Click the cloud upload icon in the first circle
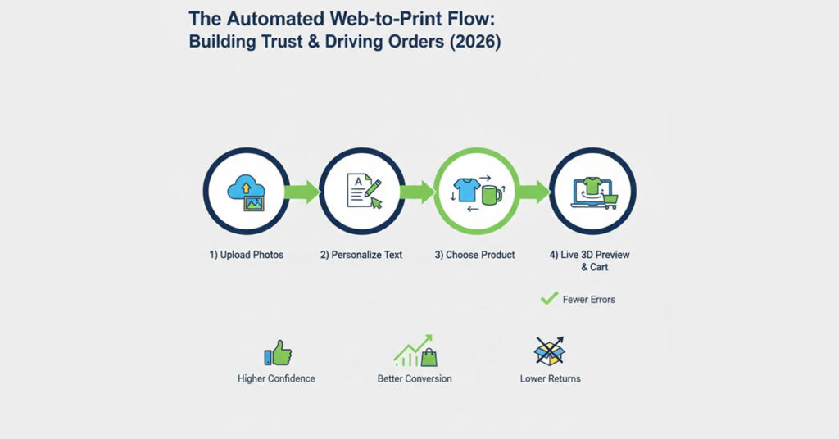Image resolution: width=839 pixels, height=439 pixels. (246, 192)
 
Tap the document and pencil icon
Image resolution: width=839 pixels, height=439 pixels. (361, 192)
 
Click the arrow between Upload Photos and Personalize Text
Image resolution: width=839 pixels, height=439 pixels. (303, 192)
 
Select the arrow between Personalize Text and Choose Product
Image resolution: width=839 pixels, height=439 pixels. (419, 192)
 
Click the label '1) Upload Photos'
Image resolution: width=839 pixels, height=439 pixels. (246, 255)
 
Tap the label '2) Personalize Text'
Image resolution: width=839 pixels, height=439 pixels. (361, 255)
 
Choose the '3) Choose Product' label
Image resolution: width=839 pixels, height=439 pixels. (474, 255)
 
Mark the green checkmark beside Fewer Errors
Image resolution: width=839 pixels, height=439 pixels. (549, 299)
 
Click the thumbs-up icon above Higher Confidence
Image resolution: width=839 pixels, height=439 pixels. (278, 353)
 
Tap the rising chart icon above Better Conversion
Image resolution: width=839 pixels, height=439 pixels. (415, 351)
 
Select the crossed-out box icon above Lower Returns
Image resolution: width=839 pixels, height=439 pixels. (550, 351)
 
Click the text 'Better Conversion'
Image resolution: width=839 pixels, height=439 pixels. (415, 378)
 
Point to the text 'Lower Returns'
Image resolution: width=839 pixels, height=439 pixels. (550, 378)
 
